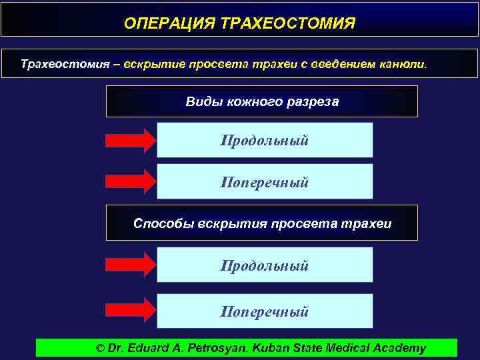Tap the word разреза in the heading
[x=316, y=102]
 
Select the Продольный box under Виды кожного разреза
[x=265, y=140]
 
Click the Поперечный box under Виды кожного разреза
[x=265, y=181]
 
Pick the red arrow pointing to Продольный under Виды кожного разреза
[x=130, y=140]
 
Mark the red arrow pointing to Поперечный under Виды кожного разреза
[x=130, y=181]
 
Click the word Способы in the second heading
[x=163, y=223]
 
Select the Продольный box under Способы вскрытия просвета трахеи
[x=265, y=265]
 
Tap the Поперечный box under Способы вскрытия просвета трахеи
[x=265, y=311]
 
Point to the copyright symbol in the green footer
[x=101, y=348]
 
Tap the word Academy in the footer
[x=399, y=348]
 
